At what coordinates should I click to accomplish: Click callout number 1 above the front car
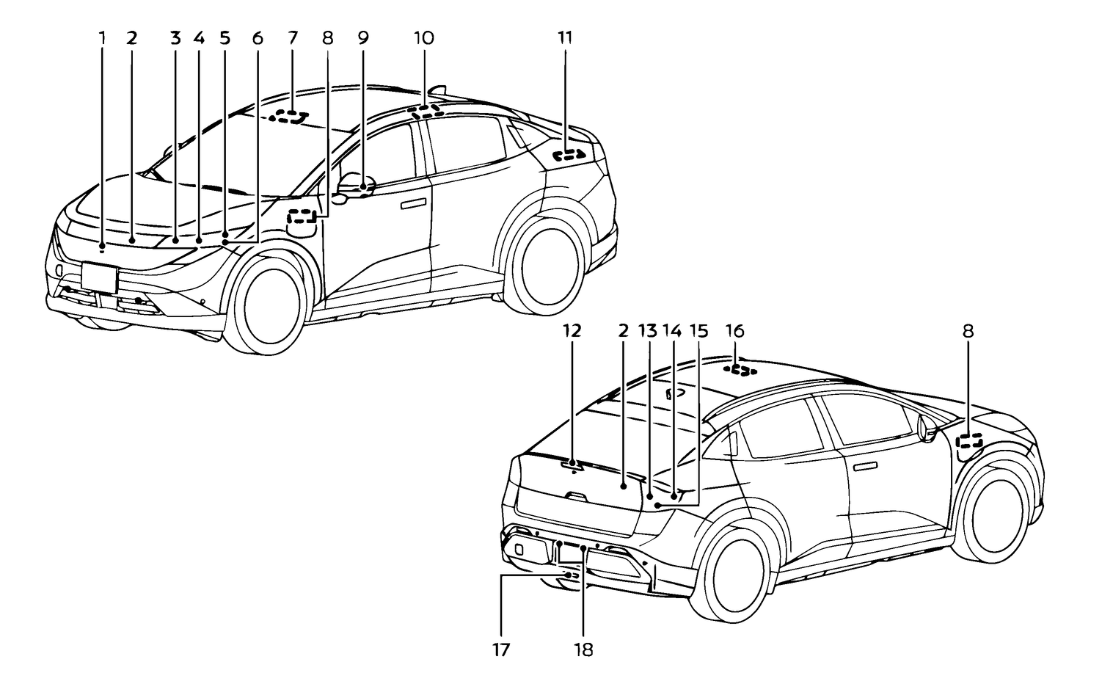[103, 38]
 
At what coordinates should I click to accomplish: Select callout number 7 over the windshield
[293, 38]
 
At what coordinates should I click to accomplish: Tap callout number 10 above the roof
[423, 38]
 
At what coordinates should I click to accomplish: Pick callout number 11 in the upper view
[565, 38]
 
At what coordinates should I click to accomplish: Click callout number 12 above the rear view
[572, 332]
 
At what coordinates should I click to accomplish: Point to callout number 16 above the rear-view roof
[734, 332]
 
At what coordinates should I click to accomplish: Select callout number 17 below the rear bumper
[502, 649]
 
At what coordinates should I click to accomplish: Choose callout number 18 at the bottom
[584, 649]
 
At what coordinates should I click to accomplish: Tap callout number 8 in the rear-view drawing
[968, 332]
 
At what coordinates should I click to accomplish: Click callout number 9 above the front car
[363, 38]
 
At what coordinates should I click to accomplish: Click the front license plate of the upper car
[100, 277]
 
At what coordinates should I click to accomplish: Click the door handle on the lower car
[867, 466]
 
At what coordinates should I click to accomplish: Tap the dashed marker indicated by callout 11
[570, 155]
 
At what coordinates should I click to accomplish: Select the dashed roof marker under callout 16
[742, 368]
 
